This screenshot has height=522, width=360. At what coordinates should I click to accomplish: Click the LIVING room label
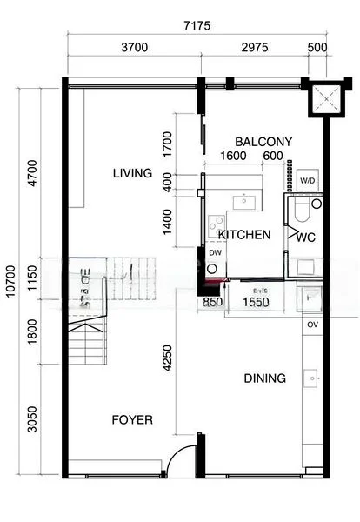[x=132, y=173]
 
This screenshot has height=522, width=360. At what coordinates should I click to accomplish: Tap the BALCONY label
[x=264, y=142]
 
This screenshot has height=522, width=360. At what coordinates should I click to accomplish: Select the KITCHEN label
[x=244, y=235]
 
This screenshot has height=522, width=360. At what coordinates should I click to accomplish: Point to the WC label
[x=306, y=236]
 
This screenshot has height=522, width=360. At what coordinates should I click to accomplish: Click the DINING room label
[x=264, y=378]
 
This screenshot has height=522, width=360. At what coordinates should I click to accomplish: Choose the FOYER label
[x=132, y=420]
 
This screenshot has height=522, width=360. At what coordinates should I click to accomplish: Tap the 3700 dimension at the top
[x=134, y=46]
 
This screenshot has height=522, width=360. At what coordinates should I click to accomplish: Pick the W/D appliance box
[x=308, y=181]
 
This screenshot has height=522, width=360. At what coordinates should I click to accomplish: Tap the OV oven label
[x=313, y=325]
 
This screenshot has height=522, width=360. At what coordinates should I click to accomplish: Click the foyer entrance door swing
[x=180, y=461]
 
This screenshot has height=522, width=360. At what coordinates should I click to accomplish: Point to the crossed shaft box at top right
[x=324, y=97]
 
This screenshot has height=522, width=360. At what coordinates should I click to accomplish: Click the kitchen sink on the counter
[x=244, y=200]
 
